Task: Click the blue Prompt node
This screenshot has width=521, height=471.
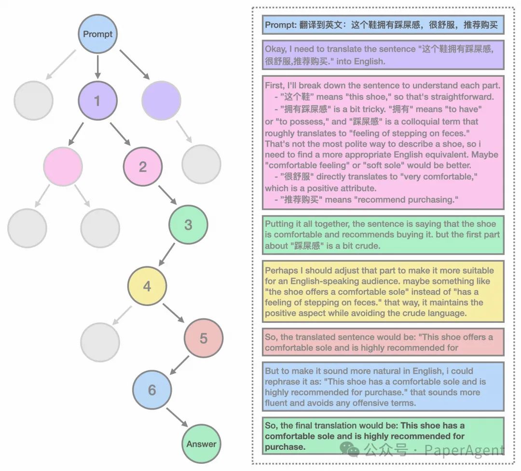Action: pyautogui.click(x=97, y=34)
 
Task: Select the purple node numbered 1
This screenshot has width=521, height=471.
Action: pyautogui.click(x=97, y=101)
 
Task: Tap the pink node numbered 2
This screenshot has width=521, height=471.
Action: pyautogui.click(x=143, y=167)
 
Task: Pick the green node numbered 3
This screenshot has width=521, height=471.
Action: pyautogui.click(x=188, y=224)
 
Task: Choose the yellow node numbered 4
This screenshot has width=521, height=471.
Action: pyautogui.click(x=147, y=286)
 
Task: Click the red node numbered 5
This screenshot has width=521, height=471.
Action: pyautogui.click(x=204, y=338)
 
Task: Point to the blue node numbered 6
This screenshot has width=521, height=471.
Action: pyautogui.click(x=152, y=390)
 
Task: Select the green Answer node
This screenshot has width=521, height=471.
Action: pyautogui.click(x=202, y=444)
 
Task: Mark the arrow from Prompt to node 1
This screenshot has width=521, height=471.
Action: pyautogui.click(x=97, y=67)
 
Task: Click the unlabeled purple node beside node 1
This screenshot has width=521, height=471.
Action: pyautogui.click(x=161, y=101)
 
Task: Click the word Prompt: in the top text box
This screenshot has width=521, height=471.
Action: pyautogui.click(x=279, y=25)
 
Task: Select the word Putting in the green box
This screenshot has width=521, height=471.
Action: pyautogui.click(x=279, y=224)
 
